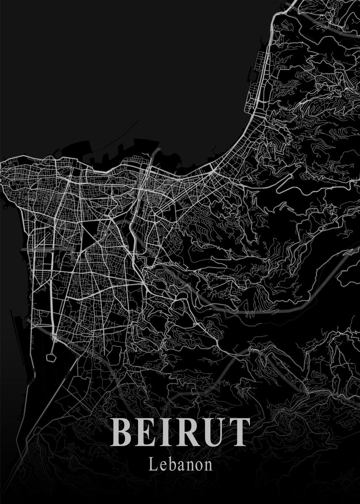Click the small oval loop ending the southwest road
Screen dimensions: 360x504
[52, 358]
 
